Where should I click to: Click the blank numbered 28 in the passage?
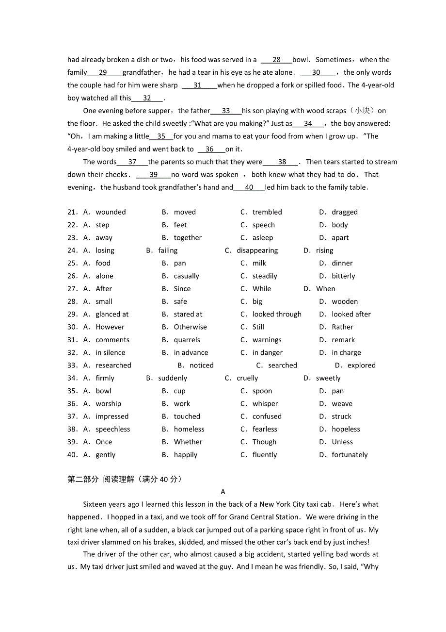tap(276, 60)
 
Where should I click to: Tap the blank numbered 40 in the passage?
tap(249, 187)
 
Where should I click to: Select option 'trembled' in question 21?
tap(267, 212)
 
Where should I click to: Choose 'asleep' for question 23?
tap(262, 238)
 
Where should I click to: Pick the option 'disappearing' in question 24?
tap(257, 250)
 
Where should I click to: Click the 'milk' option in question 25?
tap(259, 263)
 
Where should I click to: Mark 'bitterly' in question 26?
tap(343, 276)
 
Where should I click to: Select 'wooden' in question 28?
tap(345, 301)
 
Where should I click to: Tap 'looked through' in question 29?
tap(276, 315)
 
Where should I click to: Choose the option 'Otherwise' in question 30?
tap(190, 327)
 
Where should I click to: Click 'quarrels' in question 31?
tap(187, 340)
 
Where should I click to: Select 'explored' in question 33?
tap(361, 366)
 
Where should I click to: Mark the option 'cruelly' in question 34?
tap(247, 378)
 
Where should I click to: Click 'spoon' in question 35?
tap(262, 391)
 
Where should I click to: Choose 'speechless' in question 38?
tap(112, 429)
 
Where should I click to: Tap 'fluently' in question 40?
tap(264, 455)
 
